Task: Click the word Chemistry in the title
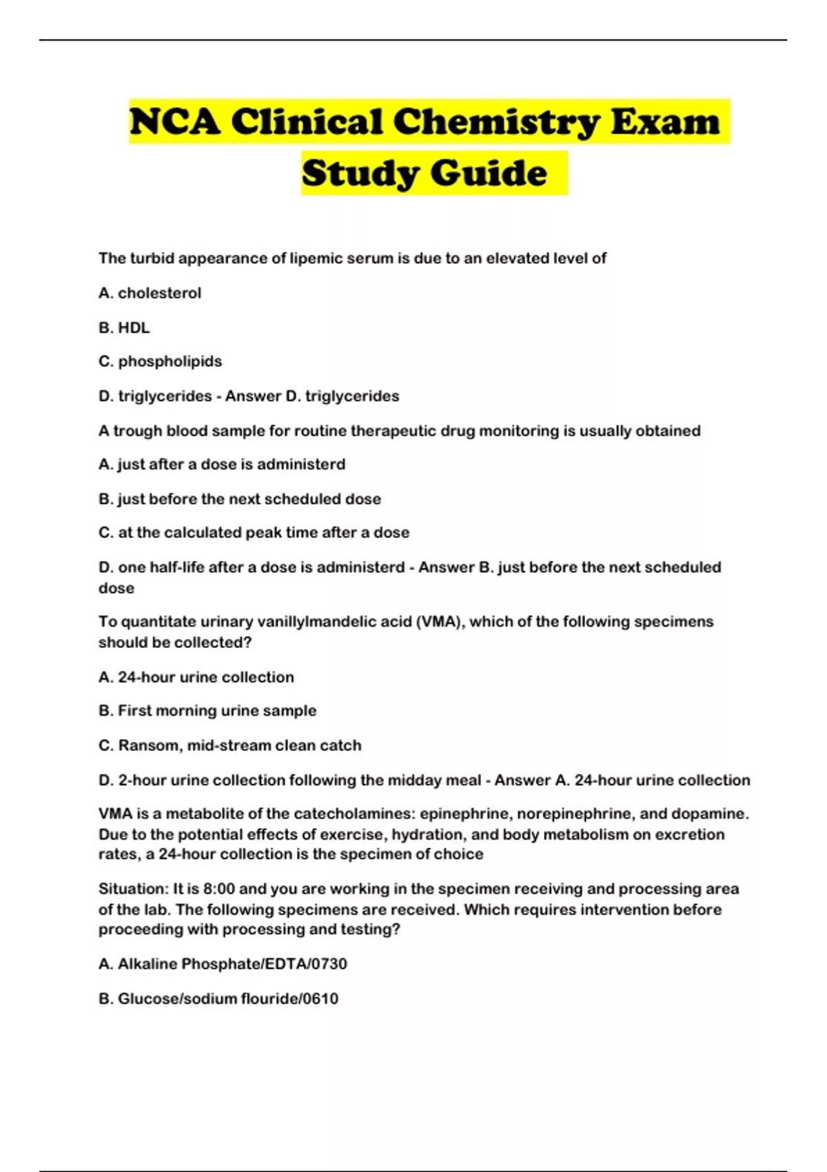496,122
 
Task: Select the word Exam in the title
665,122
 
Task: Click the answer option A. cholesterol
150,293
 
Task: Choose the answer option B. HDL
124,327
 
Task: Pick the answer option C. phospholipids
160,361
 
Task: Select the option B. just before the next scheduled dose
240,498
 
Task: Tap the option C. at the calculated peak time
254,532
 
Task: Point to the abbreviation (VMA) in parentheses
440,622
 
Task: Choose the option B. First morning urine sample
207,711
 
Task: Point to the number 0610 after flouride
320,998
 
